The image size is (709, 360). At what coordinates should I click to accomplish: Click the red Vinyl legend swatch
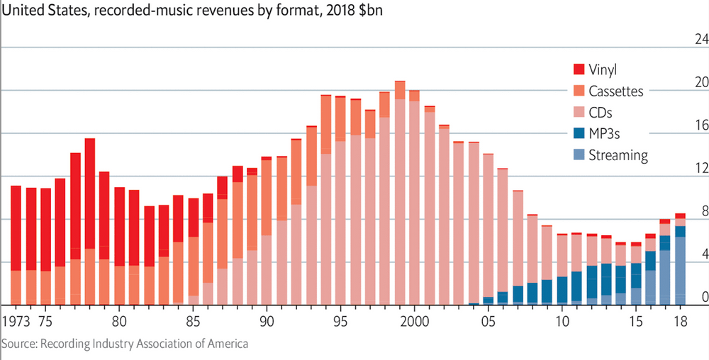click(x=579, y=69)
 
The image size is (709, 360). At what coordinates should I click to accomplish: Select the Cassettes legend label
click(x=615, y=91)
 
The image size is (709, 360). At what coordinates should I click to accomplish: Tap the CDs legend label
click(x=600, y=112)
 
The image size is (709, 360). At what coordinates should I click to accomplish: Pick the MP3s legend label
click(x=605, y=133)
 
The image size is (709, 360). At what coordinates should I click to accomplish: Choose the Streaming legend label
click(x=618, y=154)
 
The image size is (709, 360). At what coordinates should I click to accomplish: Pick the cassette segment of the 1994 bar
click(x=326, y=124)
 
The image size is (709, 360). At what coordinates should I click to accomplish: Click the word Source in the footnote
click(x=19, y=344)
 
